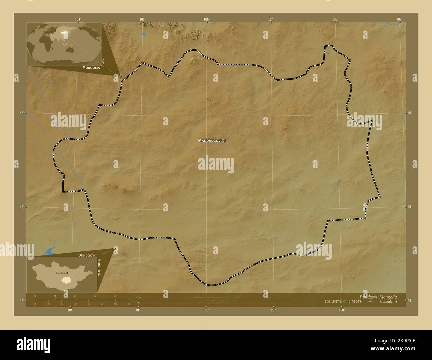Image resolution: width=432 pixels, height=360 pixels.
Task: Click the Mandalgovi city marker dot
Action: (x=225, y=141)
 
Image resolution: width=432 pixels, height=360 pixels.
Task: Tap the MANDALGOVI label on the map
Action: (x=210, y=141)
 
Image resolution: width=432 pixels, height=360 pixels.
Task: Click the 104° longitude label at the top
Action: (x=78, y=19)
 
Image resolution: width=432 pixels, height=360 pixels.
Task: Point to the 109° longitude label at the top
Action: (x=399, y=19)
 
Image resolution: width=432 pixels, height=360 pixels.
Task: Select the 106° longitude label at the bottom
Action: (x=206, y=310)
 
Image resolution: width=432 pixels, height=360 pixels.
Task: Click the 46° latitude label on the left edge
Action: (x=22, y=113)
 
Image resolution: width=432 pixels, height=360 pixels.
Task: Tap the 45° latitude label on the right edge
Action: (x=410, y=207)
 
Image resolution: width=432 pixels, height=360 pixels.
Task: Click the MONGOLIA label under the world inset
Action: (x=91, y=68)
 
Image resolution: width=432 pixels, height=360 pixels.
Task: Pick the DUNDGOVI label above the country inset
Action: (x=87, y=255)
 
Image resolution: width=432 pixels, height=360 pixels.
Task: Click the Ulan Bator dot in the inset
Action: (x=67, y=273)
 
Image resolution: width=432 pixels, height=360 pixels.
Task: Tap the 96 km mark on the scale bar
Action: (x=115, y=296)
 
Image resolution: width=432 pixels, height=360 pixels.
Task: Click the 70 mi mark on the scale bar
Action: (x=129, y=304)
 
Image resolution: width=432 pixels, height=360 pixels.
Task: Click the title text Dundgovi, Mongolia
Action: (x=378, y=297)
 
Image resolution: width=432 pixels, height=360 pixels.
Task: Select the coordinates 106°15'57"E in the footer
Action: (x=337, y=302)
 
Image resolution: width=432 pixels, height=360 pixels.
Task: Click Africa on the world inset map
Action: (x=47, y=43)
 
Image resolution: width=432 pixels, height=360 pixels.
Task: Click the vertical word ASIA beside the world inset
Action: (x=104, y=61)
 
